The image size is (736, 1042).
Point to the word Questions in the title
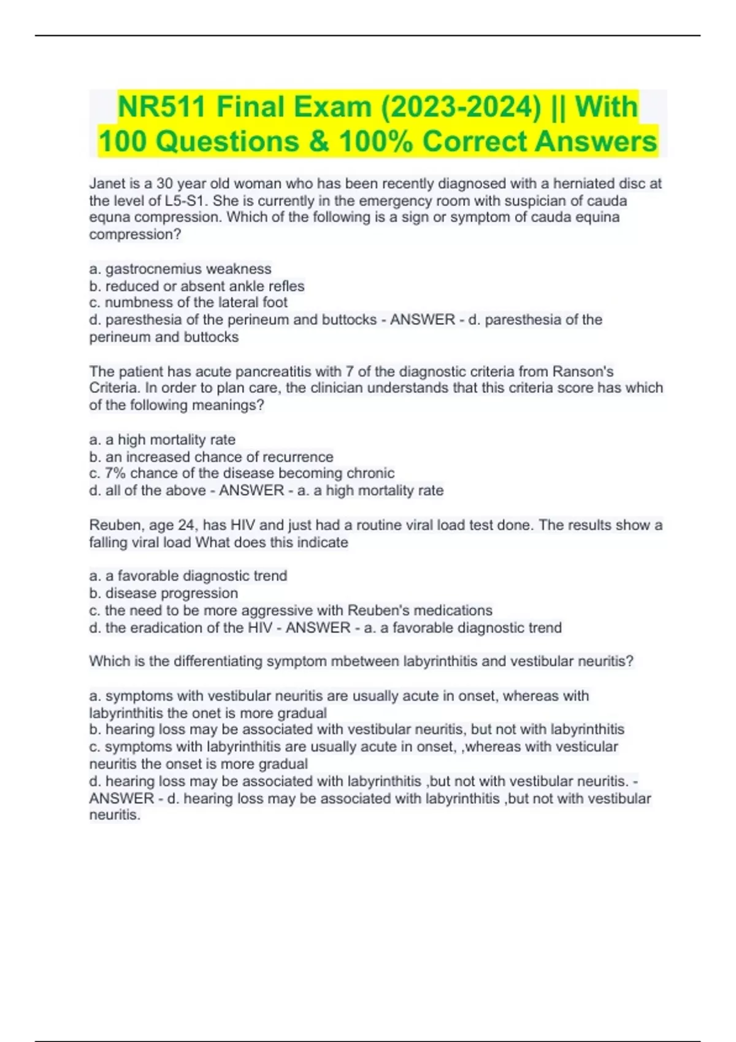tap(229, 142)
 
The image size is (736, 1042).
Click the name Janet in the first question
tap(107, 184)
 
